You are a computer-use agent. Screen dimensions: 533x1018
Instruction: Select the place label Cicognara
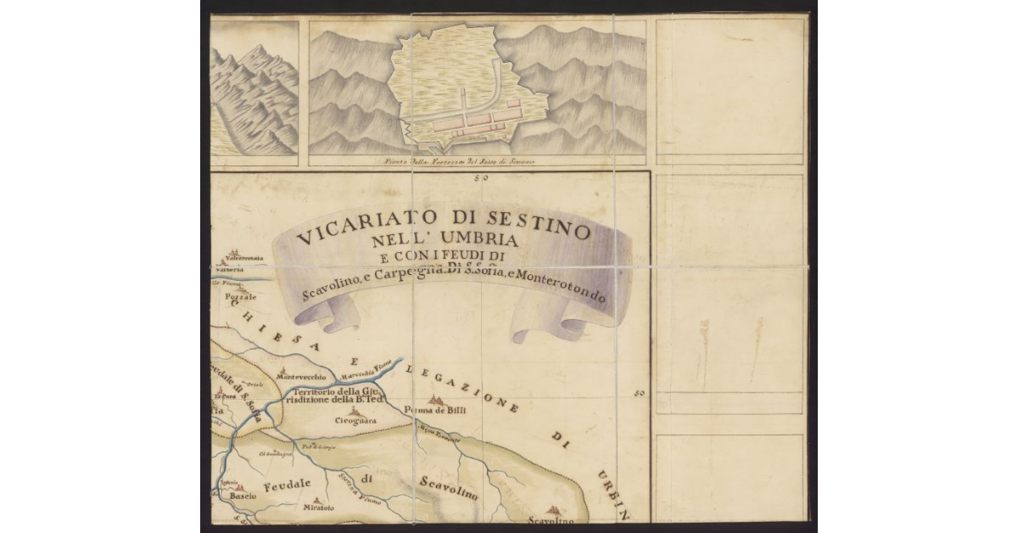[x=355, y=419]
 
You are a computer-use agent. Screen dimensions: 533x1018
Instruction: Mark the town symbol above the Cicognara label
[x=354, y=409]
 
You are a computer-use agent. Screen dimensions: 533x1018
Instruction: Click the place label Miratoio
[x=318, y=508]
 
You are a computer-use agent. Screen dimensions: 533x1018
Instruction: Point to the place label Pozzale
[x=241, y=298]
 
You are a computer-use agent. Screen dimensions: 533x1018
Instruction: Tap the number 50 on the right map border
[x=640, y=393]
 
